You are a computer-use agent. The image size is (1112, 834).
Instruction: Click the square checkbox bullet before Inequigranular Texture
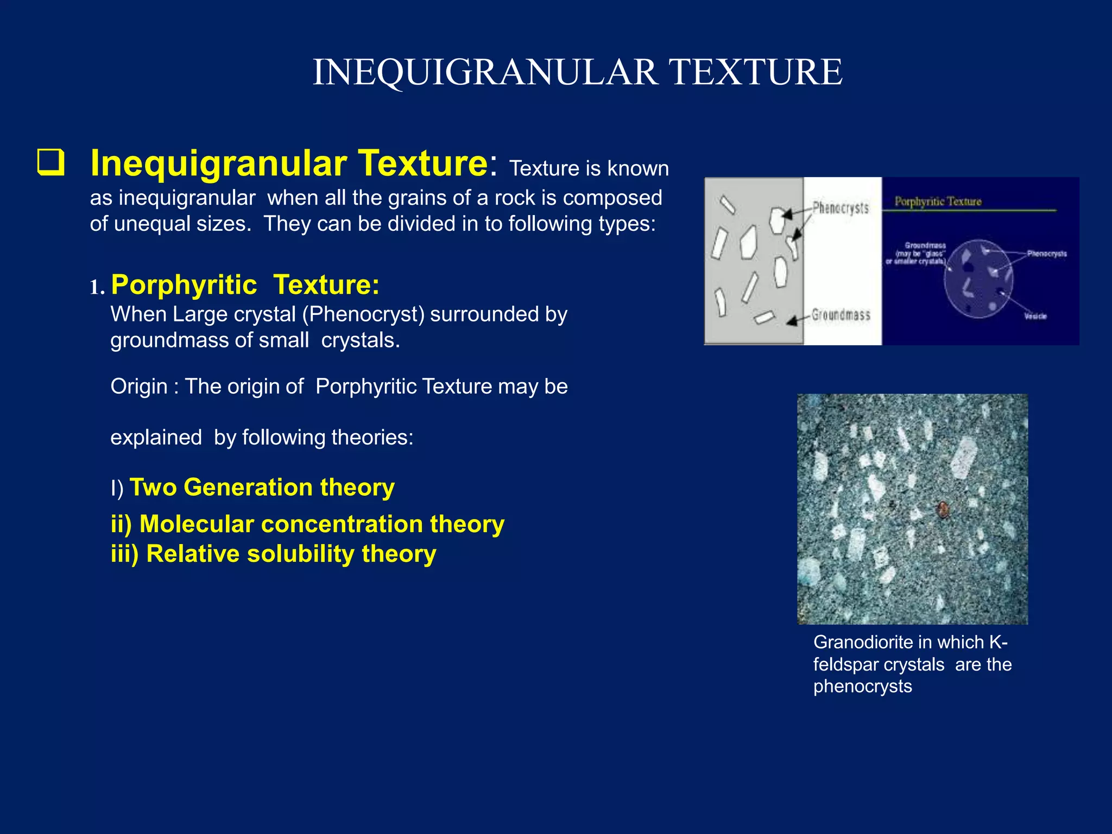50,163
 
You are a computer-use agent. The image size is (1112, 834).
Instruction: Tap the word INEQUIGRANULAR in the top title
484,72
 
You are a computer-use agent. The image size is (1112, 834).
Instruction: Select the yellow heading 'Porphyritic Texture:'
245,285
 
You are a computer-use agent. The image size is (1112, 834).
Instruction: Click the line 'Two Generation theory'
262,487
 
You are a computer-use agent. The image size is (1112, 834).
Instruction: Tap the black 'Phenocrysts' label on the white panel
841,207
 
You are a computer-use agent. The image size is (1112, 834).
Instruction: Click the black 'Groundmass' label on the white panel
841,315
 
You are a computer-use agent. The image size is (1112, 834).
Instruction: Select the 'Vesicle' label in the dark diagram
1035,316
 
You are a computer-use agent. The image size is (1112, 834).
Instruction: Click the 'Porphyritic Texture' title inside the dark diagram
938,201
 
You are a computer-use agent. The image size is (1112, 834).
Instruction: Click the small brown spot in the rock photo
943,509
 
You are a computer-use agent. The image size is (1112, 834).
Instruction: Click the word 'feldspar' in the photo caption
851,665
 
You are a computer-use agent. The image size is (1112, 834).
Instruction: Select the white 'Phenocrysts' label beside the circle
1046,254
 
